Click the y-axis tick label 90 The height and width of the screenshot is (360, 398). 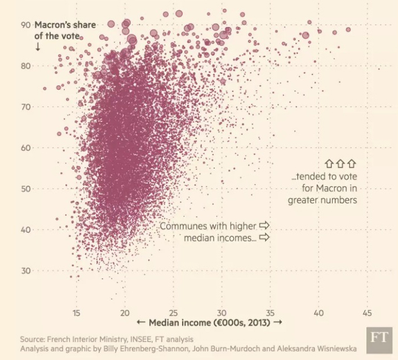[24, 24]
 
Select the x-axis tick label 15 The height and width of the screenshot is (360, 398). [76, 313]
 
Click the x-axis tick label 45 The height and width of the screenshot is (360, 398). [367, 313]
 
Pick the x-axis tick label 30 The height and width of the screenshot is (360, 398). [222, 313]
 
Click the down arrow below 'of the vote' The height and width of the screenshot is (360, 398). [37, 47]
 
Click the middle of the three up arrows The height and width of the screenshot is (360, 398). [339, 164]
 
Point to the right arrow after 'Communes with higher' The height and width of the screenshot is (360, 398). [264, 226]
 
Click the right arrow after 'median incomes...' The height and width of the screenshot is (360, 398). [264, 238]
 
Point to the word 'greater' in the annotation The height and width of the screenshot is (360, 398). [303, 200]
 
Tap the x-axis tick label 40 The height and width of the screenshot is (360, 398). [319, 313]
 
